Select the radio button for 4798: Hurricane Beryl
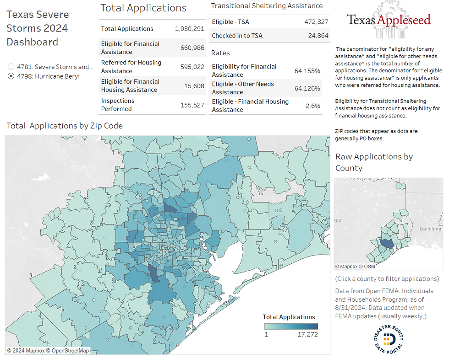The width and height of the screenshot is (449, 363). click(x=11, y=76)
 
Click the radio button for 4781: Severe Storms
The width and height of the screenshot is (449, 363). click(x=11, y=67)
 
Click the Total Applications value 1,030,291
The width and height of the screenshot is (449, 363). click(x=190, y=29)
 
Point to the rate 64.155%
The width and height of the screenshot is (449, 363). click(x=307, y=71)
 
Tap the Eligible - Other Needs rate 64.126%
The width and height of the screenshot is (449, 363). click(x=307, y=88)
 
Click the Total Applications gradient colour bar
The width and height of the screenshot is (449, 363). click(x=290, y=326)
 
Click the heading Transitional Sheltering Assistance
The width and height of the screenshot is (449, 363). click(x=267, y=6)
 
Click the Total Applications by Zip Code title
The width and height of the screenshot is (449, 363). click(x=65, y=126)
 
